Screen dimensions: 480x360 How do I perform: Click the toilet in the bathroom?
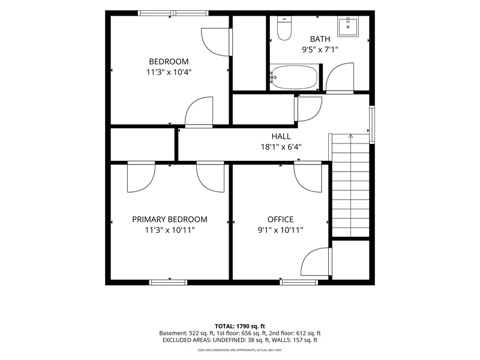(284, 28)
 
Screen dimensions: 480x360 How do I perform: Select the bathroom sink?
(348, 26)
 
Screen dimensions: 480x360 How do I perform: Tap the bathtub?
(294, 77)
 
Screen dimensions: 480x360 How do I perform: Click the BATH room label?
(320, 39)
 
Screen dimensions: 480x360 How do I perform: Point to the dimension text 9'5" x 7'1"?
(320, 49)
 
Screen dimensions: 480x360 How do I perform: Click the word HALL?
(281, 136)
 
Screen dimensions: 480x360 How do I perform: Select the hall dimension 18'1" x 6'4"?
(281, 147)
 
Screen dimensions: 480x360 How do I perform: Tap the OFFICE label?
(280, 219)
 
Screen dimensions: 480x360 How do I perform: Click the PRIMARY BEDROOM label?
(170, 219)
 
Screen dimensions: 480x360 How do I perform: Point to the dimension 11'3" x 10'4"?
(169, 72)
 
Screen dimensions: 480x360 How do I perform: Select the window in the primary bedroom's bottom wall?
(169, 282)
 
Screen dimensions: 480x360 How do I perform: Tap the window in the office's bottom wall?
(299, 282)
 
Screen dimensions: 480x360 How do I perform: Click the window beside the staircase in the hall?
(372, 125)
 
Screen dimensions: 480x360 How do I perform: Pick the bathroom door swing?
(340, 78)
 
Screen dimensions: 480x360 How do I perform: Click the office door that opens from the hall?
(308, 177)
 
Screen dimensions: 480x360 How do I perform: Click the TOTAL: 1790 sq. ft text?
(239, 326)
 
